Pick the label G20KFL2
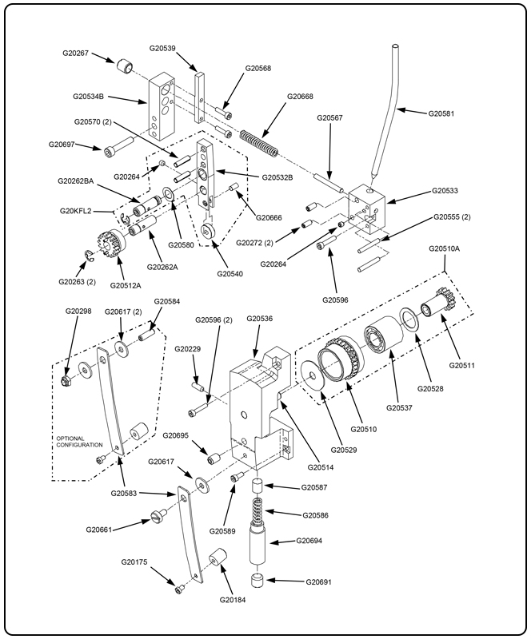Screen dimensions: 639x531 coord(76,211)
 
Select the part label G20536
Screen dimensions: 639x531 coord(259,319)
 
